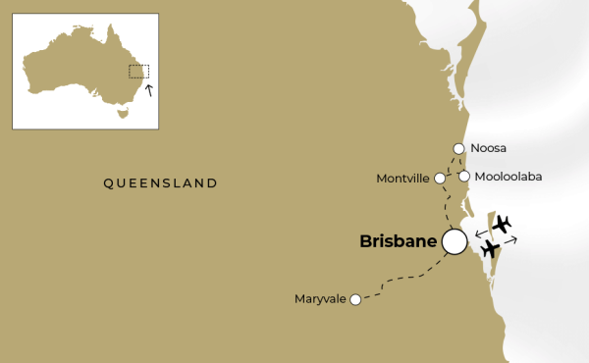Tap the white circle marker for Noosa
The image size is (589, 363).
458,149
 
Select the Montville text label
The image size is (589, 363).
402,179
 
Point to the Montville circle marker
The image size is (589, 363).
440,179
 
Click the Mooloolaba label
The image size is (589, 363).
509,177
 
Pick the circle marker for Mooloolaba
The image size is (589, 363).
464,177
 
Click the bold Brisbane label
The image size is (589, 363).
398,240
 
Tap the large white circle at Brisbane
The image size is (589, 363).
455,240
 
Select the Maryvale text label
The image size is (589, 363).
320,299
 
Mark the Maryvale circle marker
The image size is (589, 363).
355,299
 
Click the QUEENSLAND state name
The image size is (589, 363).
160,183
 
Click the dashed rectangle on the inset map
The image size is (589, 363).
139,72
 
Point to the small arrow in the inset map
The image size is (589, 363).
148,91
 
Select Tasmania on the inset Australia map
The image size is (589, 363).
122,113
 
